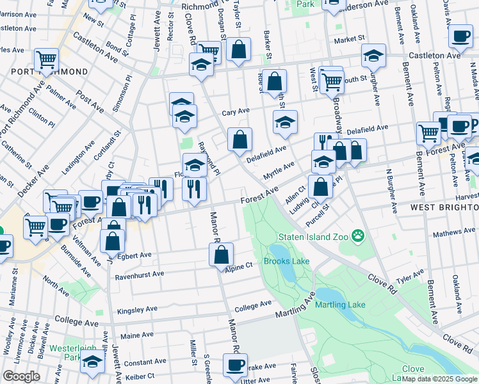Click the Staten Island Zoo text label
pos(315,237)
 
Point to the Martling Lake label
pos(340,304)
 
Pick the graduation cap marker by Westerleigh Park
pos(93,363)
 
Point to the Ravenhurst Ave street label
pos(139,275)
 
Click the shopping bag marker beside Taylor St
pos(238,51)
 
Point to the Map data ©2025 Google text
pos(440,379)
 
